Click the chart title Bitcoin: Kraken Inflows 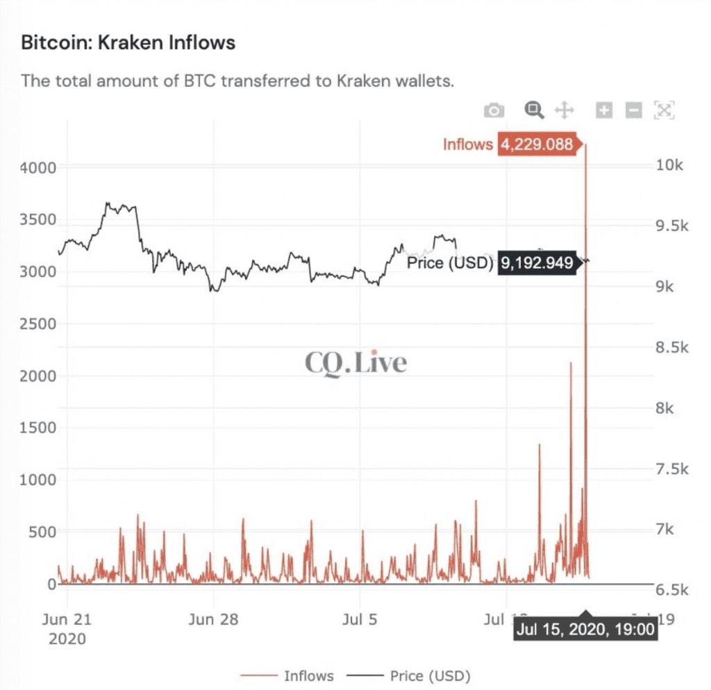[x=128, y=43]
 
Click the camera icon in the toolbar [x=494, y=110]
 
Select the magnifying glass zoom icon [x=533, y=109]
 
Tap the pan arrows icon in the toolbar [x=564, y=110]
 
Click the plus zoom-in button [x=604, y=110]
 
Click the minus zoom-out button [x=633, y=110]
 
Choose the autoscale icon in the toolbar [x=664, y=110]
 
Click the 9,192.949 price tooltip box [x=535, y=263]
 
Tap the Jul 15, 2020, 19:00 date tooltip [x=585, y=630]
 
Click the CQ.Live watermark [x=355, y=362]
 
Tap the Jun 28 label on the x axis [x=214, y=619]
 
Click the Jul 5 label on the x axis [x=360, y=619]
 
